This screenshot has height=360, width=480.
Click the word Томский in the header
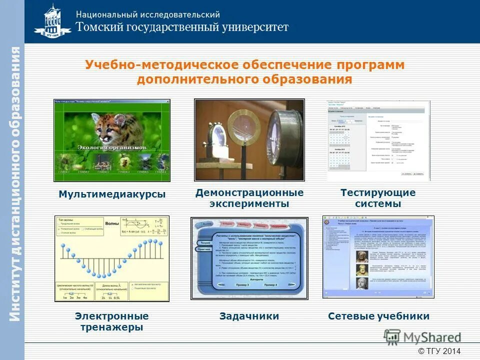coord(101,27)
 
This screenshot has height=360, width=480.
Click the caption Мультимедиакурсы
coord(112,194)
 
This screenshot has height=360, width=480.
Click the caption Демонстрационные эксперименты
coord(249,198)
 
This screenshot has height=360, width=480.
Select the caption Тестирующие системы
coord(378,198)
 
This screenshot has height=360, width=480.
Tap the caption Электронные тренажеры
coord(112,321)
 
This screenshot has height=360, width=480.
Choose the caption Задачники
coord(249,316)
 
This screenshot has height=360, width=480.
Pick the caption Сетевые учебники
coord(378,316)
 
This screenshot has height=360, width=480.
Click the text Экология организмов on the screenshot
coord(112,148)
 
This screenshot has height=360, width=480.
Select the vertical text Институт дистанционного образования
coord(14,185)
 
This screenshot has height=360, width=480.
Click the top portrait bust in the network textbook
coord(359,256)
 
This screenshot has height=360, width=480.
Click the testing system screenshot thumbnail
coord(378,140)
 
